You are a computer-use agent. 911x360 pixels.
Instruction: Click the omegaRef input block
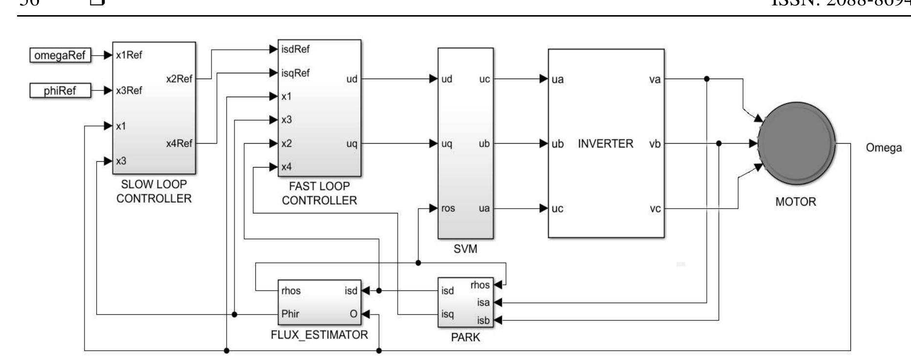(x=60, y=56)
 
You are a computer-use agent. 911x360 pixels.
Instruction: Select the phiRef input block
(x=60, y=91)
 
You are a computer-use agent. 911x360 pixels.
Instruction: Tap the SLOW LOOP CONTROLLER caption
(x=154, y=191)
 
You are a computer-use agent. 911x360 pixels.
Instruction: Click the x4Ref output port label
(x=179, y=144)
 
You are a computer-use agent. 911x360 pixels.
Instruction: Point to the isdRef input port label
(x=296, y=49)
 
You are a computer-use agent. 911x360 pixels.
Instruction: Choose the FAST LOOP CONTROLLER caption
(x=319, y=193)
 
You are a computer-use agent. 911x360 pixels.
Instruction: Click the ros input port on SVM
(x=448, y=209)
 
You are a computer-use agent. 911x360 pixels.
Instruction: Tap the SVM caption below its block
(x=465, y=249)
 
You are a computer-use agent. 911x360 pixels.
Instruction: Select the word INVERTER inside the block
(x=605, y=144)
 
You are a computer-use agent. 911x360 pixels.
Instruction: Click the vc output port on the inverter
(x=655, y=209)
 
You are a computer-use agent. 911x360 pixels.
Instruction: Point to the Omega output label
(x=884, y=148)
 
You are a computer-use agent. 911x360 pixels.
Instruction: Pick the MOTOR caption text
(x=795, y=202)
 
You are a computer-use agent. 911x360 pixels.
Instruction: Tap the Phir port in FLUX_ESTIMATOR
(x=290, y=314)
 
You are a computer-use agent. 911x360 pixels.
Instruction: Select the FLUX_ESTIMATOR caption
(x=319, y=335)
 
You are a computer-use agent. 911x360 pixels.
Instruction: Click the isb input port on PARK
(x=483, y=321)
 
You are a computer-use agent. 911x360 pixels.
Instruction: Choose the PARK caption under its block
(x=465, y=338)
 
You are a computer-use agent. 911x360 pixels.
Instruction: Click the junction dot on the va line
(x=707, y=79)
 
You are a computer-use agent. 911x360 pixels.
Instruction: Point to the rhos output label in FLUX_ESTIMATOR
(x=291, y=291)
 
